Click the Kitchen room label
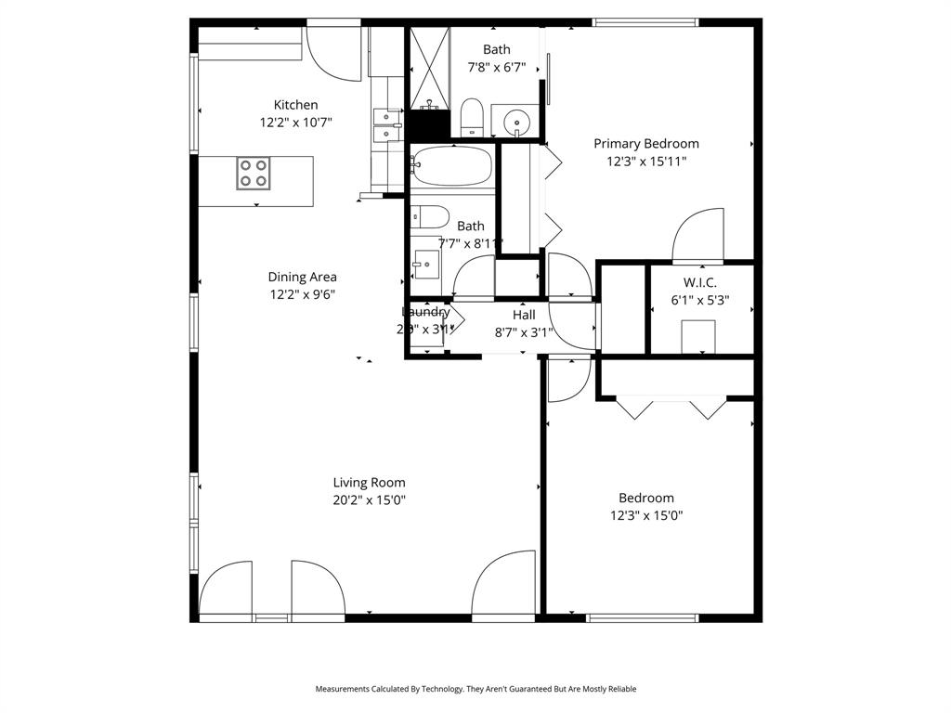click(295, 105)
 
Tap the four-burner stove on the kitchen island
click(253, 173)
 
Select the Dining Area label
click(302, 277)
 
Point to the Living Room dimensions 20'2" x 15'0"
click(370, 499)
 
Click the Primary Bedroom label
click(646, 143)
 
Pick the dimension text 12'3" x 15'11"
click(646, 161)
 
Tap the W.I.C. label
click(699, 282)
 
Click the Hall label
click(524, 315)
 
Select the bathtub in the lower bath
click(451, 168)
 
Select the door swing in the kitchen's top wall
click(332, 54)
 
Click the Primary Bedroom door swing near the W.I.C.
click(698, 236)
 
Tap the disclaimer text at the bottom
click(475, 689)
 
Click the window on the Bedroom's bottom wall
click(643, 617)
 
